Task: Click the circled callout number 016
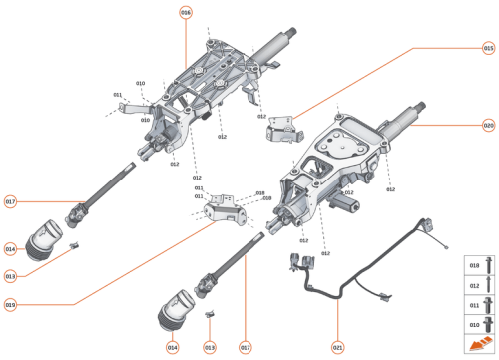pos(185,12)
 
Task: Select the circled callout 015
pos(488,47)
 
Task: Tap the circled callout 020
pos(488,126)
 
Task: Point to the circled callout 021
pos(337,346)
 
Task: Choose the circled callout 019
pos(11,304)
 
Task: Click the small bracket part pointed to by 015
pos(282,128)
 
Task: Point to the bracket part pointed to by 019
pos(224,206)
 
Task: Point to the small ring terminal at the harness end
pos(449,247)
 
